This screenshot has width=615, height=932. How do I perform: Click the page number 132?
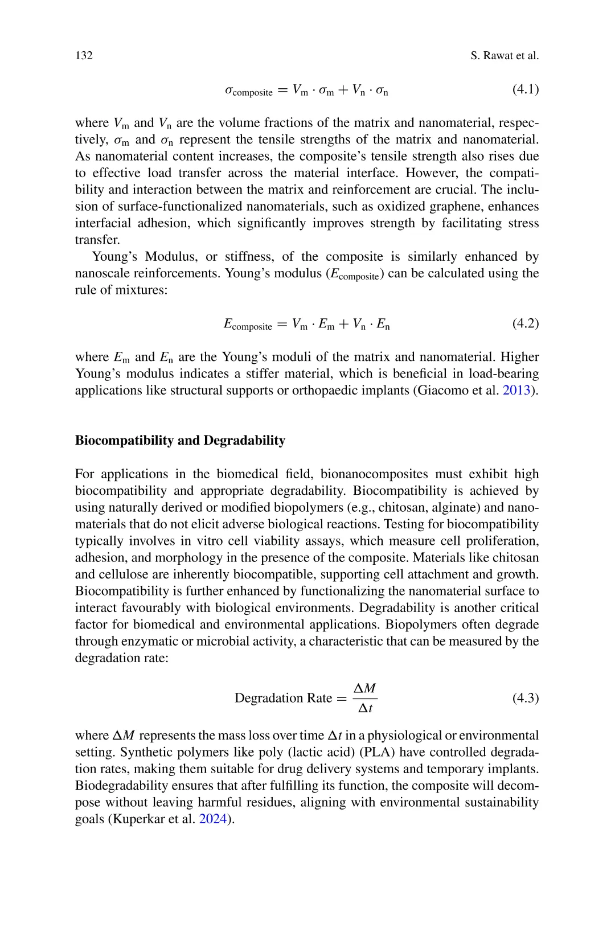[84, 55]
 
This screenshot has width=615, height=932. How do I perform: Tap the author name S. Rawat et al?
[505, 55]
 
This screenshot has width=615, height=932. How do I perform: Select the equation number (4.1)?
[525, 89]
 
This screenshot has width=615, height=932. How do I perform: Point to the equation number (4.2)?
[525, 323]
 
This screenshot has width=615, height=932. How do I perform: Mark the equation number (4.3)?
[525, 697]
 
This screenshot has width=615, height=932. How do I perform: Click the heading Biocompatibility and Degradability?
[180, 440]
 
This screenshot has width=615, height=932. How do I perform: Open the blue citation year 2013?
[516, 390]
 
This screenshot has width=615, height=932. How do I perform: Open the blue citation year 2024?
[213, 819]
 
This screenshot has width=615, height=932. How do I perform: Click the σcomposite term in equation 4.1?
[248, 91]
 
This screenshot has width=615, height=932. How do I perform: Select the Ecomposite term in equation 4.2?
[248, 325]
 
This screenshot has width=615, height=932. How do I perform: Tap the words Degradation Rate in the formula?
[283, 698]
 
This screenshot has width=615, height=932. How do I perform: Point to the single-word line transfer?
[97, 240]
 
